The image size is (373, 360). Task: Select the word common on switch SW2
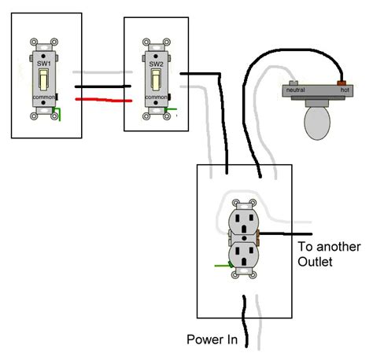coord(157,97)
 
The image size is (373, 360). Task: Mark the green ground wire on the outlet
coord(221,265)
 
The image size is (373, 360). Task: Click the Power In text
coord(212,340)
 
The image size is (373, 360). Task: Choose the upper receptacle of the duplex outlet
coord(242,219)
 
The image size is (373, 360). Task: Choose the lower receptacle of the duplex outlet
coord(242,253)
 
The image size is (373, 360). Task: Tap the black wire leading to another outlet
coord(287,233)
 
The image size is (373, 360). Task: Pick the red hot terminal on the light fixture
coord(342,81)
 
